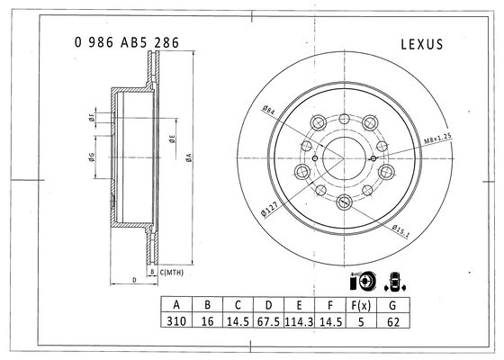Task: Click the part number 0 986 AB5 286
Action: pyautogui.click(x=127, y=42)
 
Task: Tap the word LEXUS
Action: pyautogui.click(x=422, y=44)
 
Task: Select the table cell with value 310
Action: pyautogui.click(x=176, y=320)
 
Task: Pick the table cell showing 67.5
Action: pyautogui.click(x=268, y=320)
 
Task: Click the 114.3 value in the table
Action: pyautogui.click(x=299, y=320)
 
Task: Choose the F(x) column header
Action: pyautogui.click(x=361, y=305)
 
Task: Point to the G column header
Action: pyautogui.click(x=392, y=305)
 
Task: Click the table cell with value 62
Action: pyautogui.click(x=392, y=320)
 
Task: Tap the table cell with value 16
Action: pyautogui.click(x=207, y=320)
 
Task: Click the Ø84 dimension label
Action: pyautogui.click(x=268, y=110)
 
